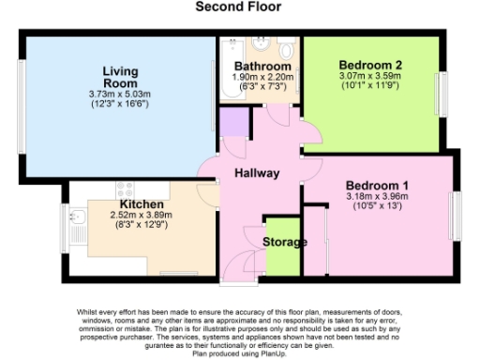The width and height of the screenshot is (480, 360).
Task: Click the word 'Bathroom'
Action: tap(260, 67)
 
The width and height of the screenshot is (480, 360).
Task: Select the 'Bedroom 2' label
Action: tap(368, 66)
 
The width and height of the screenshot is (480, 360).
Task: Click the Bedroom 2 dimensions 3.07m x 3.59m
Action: tap(368, 79)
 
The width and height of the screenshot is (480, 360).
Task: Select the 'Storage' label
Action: tap(284, 243)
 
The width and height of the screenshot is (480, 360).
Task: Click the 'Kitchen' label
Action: tap(142, 204)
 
